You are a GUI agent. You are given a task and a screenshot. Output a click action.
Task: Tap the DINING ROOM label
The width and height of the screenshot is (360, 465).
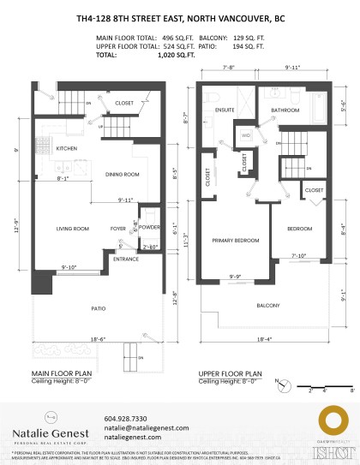(x=122, y=175)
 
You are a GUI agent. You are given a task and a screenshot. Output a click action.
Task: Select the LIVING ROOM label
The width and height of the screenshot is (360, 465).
(x=73, y=229)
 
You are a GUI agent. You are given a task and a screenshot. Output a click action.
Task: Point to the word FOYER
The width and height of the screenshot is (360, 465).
(x=118, y=229)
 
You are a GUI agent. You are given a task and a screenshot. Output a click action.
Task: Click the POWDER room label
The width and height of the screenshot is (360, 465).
(x=149, y=229)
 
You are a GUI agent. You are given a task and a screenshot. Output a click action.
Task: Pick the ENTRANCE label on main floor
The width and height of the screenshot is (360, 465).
(x=126, y=259)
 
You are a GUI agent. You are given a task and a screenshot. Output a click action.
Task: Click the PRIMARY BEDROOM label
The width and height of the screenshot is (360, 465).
(x=235, y=241)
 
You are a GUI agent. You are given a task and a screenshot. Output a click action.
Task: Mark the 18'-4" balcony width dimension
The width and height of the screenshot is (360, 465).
(x=262, y=340)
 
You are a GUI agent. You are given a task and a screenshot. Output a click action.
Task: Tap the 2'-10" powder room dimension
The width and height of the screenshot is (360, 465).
(x=149, y=247)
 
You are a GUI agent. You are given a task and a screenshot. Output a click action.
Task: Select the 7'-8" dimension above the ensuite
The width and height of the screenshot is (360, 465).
(x=228, y=66)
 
